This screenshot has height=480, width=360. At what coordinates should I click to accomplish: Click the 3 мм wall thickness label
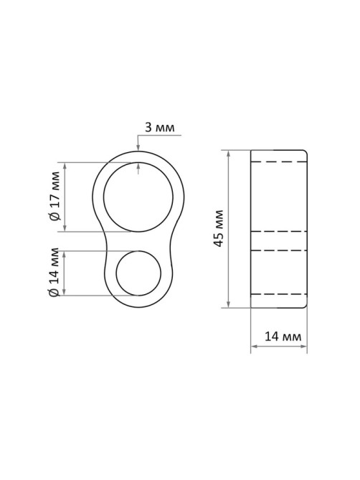160,127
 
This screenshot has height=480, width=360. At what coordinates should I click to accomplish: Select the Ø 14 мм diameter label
54,272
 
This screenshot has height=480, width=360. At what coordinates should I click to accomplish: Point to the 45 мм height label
219,228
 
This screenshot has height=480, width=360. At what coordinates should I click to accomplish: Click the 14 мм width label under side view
283,337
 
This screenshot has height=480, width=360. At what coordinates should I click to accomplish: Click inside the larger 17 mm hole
138,197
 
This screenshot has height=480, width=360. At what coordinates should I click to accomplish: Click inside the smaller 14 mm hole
138,273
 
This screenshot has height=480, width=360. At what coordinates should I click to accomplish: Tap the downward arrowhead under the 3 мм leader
138,148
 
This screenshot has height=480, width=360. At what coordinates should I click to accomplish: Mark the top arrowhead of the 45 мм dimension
228,154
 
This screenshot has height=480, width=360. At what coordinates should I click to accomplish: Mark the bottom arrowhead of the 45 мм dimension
228,304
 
